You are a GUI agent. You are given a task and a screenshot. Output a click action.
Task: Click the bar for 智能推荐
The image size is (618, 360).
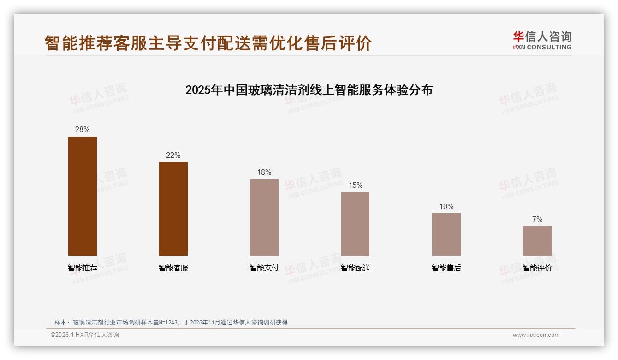coord(83,196)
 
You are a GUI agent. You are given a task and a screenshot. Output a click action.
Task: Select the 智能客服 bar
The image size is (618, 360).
coord(173,209)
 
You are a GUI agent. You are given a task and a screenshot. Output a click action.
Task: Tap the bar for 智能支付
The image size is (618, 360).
coord(264,217)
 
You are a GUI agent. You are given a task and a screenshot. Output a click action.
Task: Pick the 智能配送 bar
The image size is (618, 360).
coord(355,224)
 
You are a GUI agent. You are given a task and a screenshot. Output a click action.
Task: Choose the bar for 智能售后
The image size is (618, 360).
coord(446,234)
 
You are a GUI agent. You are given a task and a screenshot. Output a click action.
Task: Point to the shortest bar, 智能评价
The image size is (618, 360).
coord(537,241)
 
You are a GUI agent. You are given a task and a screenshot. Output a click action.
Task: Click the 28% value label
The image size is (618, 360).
coord(83,130)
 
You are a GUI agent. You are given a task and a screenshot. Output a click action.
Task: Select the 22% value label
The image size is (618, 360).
coord(173,156)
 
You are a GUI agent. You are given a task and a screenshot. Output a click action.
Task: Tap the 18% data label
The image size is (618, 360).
coord(264,173)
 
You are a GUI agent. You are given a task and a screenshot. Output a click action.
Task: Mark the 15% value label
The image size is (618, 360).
coord(355,186)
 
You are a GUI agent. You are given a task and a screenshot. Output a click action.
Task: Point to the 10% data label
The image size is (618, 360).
coord(446,207)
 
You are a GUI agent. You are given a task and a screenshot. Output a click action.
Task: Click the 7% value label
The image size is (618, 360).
coord(537,220)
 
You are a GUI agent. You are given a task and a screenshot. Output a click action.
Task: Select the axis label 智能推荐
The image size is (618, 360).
coord(83,268)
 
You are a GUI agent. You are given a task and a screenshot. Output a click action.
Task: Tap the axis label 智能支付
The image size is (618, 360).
coord(264,268)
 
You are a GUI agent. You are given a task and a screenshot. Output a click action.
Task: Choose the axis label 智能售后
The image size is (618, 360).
coord(446,268)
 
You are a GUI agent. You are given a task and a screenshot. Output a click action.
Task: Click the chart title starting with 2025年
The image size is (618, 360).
coord(309,90)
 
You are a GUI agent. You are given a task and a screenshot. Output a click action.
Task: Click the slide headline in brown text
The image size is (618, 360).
coord(208,43)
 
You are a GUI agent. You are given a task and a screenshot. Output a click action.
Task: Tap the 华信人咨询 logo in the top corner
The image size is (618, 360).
coord(542,40)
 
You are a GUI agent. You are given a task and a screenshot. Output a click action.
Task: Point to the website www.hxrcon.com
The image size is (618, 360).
coord(536,335)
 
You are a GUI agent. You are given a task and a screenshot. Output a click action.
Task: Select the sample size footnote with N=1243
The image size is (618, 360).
coord(171,323)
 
